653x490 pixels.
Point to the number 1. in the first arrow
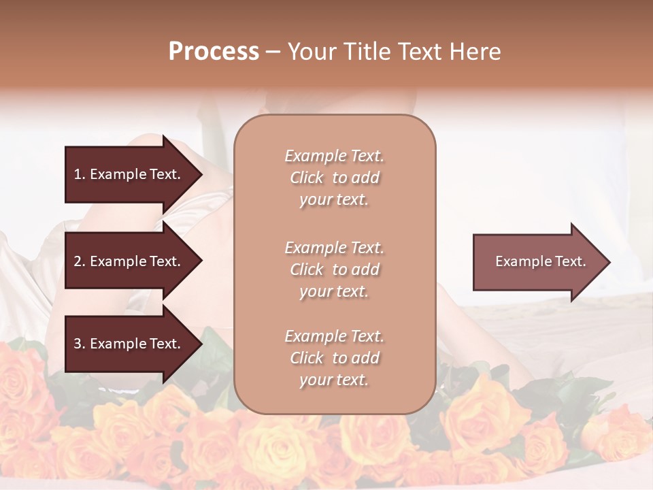(80, 174)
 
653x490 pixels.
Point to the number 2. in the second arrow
(80, 261)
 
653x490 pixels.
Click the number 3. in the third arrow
(80, 344)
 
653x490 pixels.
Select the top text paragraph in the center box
(335, 178)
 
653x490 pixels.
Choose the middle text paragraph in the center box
(335, 269)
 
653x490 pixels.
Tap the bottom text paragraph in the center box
(335, 358)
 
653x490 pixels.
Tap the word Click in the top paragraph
(307, 178)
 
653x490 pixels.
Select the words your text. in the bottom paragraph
(334, 380)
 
